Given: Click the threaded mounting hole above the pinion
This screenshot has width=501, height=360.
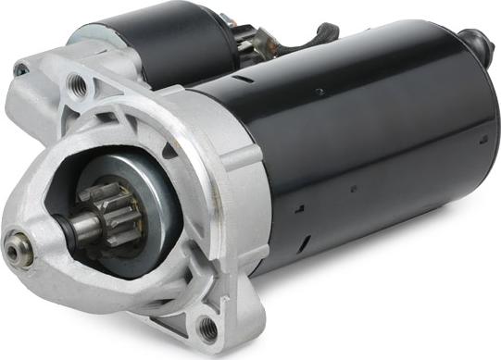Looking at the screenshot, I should tap(79, 87).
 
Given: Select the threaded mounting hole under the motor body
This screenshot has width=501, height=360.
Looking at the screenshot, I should tap(207, 327).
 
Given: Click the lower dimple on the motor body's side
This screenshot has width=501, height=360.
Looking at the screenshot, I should tap(353, 189).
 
